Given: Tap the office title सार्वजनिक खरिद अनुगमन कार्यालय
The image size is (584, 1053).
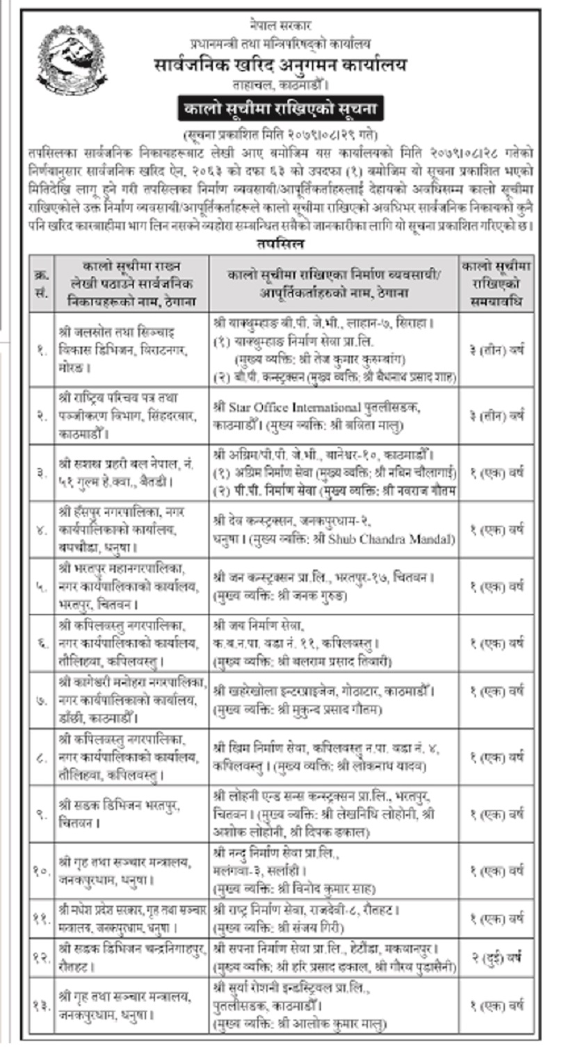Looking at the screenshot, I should point(279,65).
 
